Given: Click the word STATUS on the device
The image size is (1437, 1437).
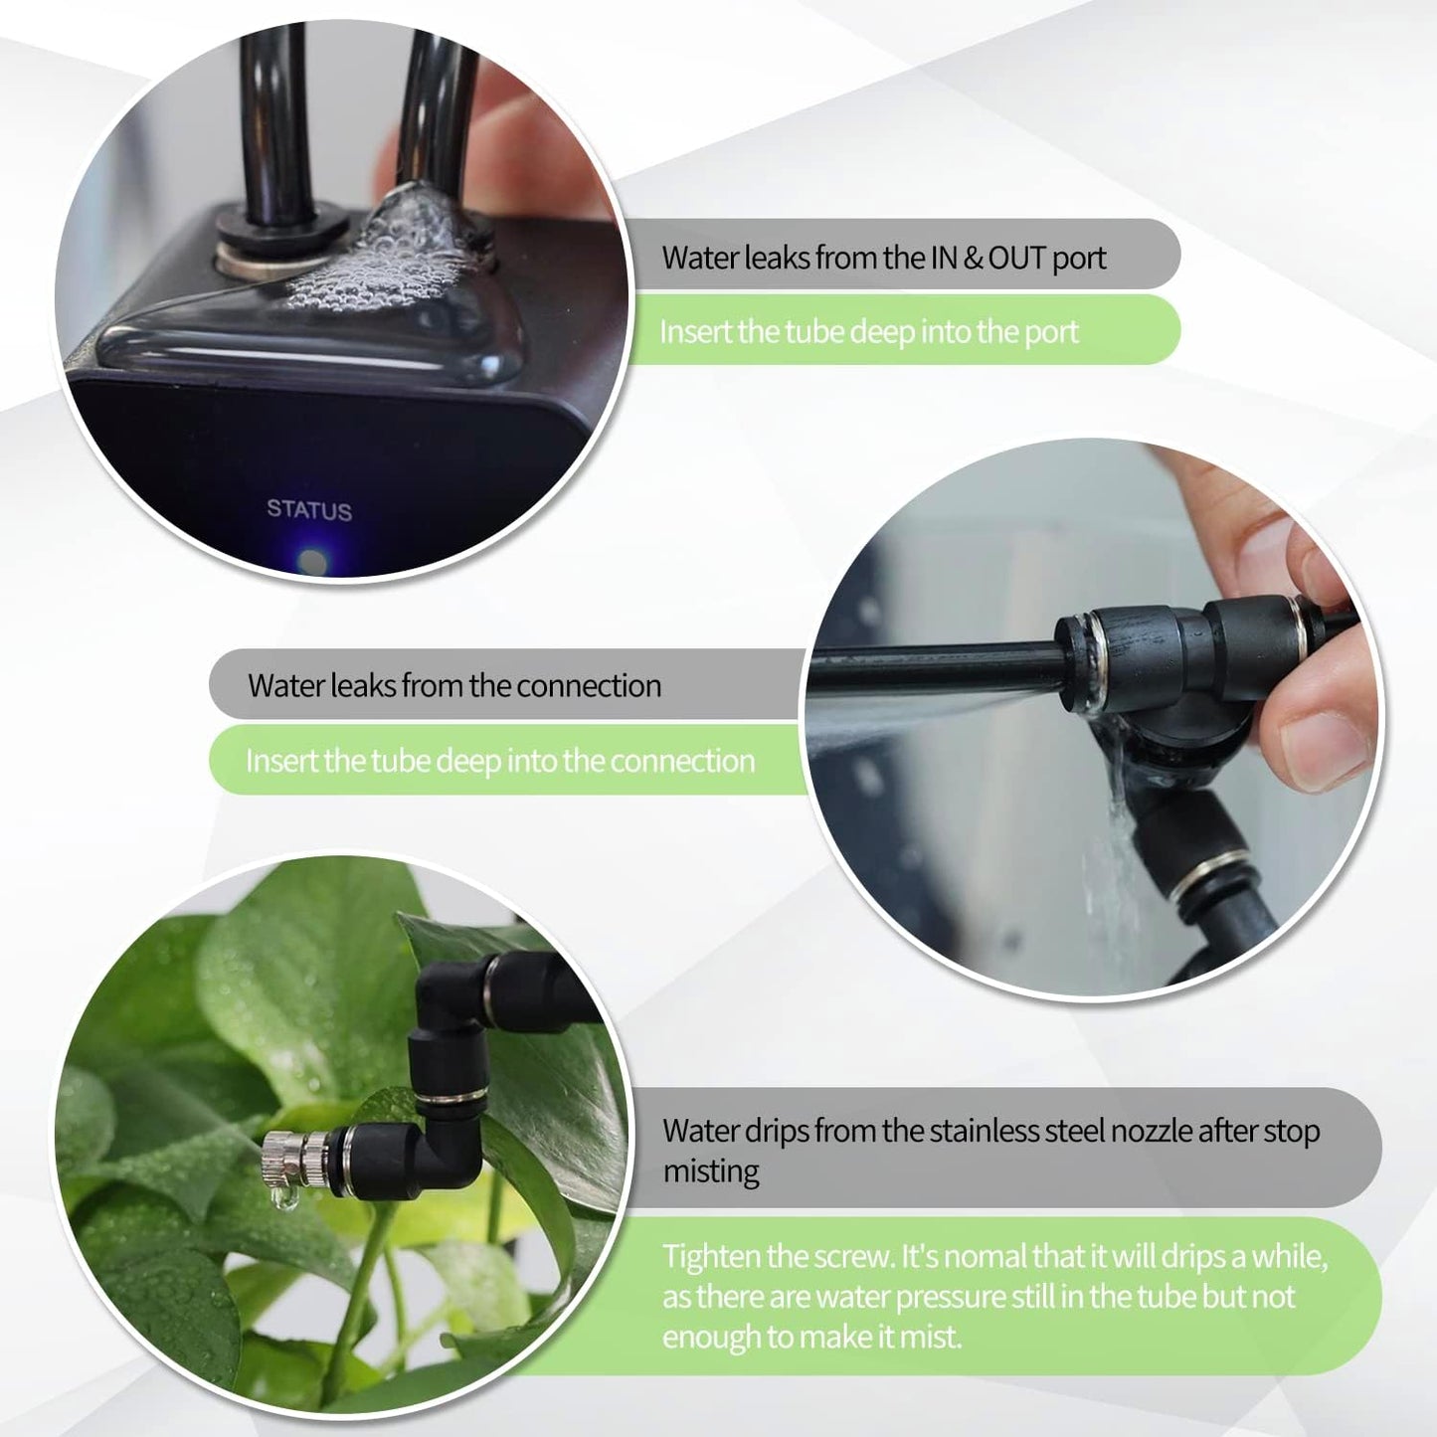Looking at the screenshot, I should [x=308, y=510].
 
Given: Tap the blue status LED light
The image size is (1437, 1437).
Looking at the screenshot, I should [x=312, y=562].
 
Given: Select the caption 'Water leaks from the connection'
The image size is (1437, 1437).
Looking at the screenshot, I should [x=454, y=685].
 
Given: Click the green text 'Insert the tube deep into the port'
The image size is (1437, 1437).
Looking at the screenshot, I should [x=868, y=331].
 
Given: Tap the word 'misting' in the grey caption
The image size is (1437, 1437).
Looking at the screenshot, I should [x=710, y=1170].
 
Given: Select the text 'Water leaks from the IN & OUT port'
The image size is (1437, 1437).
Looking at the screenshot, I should [x=883, y=258].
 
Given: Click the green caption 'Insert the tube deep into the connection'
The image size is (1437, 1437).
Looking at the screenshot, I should [x=500, y=761].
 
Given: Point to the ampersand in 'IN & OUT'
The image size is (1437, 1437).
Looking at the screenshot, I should [x=972, y=259].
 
